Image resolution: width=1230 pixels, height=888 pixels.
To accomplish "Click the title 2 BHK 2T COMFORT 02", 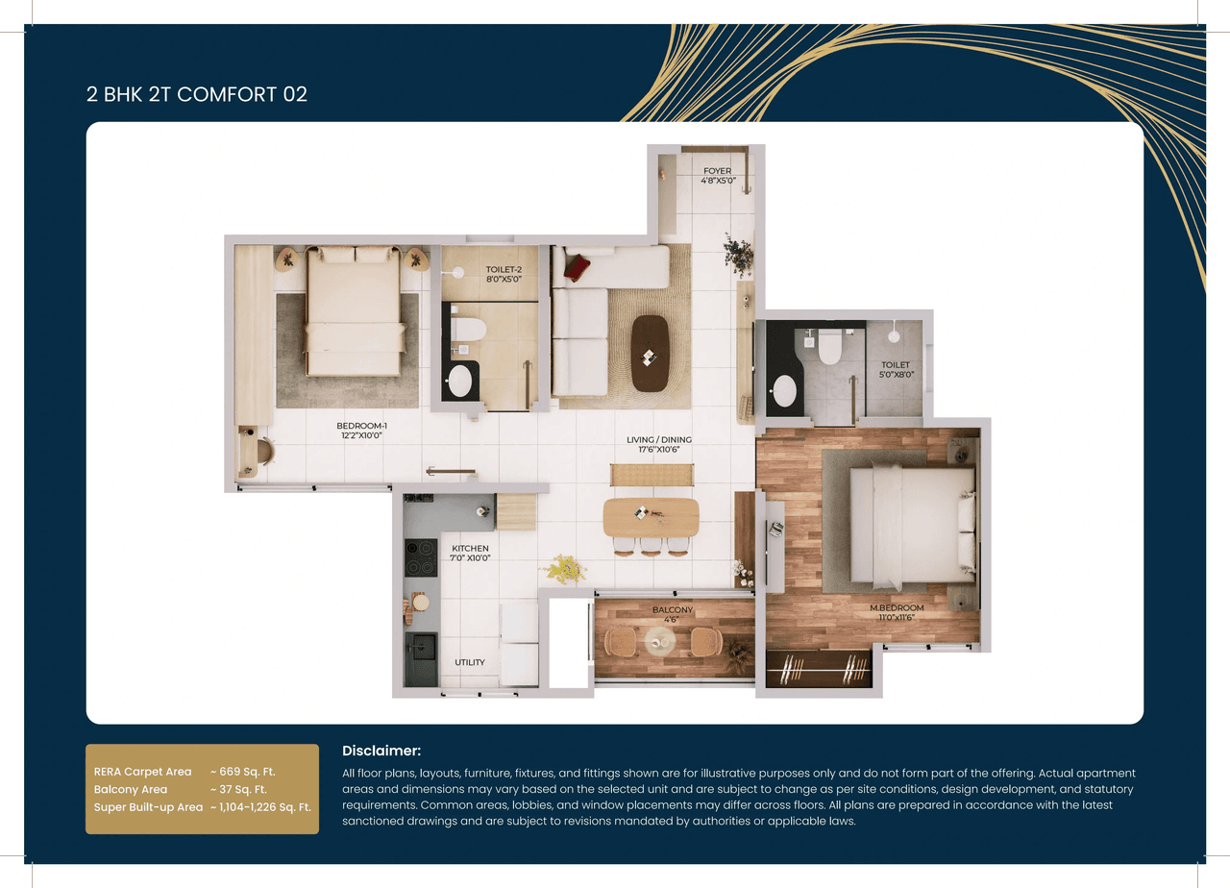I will coord(196,94).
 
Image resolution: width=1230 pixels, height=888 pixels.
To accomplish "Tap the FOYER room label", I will coord(717,171).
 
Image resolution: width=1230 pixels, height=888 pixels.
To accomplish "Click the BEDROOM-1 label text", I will coord(361,425).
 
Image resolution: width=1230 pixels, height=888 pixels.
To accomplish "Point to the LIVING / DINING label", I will coord(658,440).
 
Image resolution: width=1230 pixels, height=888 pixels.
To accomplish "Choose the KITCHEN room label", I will coord(470,548).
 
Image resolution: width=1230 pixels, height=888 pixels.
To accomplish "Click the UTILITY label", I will coord(470,662).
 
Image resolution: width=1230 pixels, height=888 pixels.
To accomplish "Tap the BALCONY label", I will coord(673,610).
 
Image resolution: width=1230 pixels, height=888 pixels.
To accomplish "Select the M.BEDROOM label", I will coord(897,608).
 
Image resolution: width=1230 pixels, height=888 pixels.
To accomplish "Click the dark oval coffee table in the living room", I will coord(651,353).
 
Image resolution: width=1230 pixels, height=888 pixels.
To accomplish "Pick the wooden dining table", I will coord(651,516).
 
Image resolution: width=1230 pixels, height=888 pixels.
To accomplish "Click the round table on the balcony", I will coord(660,641).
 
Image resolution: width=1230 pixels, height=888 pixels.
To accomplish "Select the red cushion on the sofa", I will coord(577,266).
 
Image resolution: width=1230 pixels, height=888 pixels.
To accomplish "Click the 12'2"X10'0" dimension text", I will coord(361,435).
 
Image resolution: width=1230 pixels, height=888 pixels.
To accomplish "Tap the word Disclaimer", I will coord(381,751).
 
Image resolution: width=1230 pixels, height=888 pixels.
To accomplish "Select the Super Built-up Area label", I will coord(148,807).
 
